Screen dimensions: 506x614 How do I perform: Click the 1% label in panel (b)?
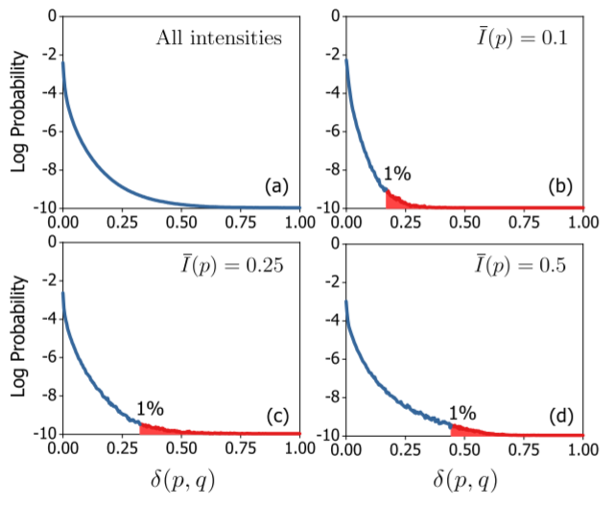(x=397, y=174)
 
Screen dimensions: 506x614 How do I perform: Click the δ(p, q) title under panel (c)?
(x=181, y=478)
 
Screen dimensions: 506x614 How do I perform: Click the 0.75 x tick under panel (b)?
(x=523, y=222)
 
